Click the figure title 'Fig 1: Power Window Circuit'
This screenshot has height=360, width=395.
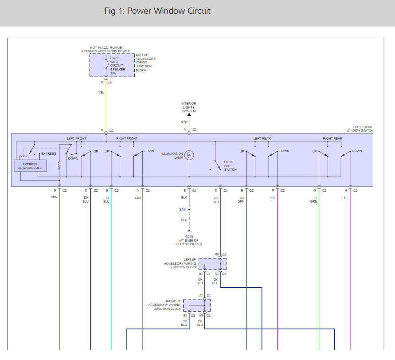tap(157, 11)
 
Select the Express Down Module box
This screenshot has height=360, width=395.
tap(30, 166)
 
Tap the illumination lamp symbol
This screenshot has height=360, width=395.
tap(189, 155)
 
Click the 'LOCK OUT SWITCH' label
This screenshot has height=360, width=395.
tap(230, 166)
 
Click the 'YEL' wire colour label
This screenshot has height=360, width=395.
tap(101, 93)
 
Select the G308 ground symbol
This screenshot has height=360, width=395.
tap(189, 231)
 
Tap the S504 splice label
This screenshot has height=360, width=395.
tap(183, 209)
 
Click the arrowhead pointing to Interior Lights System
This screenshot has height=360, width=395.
tap(189, 115)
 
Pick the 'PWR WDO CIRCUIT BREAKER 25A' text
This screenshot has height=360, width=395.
tap(117, 66)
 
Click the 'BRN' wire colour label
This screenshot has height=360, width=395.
tap(54, 197)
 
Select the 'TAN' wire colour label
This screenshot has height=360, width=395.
tap(137, 198)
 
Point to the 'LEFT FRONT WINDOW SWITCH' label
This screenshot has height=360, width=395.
tap(360, 129)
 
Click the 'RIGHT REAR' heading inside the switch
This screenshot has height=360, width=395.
tap(332, 139)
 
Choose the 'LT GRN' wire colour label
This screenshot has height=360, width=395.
tap(313, 200)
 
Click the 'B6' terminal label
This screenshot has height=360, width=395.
tap(217, 254)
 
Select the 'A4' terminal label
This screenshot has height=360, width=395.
tap(201, 296)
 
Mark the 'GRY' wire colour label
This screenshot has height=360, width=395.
tap(184, 121)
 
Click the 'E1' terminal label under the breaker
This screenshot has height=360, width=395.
tap(102, 82)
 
